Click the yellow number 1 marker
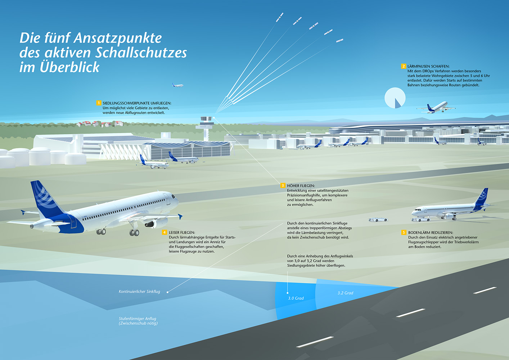point(99,103)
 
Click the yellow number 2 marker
point(403,66)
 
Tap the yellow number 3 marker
point(283,185)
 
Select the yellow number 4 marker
point(165,232)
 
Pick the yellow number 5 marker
point(404,232)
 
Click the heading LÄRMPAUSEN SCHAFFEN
point(428,66)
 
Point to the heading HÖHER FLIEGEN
point(301,186)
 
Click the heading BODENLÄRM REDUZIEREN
point(431,233)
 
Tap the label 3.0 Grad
point(296,298)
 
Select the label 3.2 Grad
point(346,293)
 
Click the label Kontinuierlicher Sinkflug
point(139,291)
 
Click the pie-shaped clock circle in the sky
point(395,98)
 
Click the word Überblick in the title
point(70,67)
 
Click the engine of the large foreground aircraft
point(156,223)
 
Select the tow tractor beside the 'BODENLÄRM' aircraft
point(378,219)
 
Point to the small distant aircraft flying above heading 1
point(177,85)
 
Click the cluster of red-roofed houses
point(100,123)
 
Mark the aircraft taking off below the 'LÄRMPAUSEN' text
point(436,108)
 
